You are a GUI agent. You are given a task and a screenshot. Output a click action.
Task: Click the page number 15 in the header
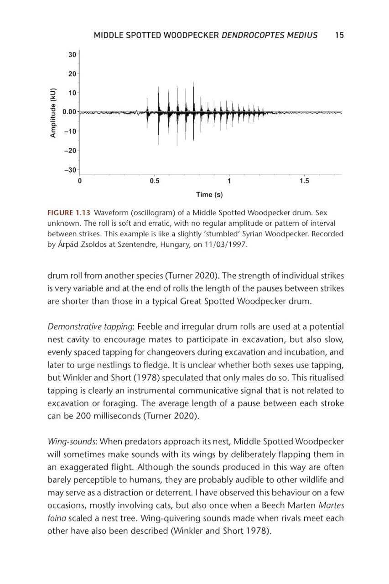click(x=339, y=35)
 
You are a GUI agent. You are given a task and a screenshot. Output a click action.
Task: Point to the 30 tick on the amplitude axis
click(x=72, y=55)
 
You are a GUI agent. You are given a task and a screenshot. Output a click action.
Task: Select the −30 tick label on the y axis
click(x=70, y=170)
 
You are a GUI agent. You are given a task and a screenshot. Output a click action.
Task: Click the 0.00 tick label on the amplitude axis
click(x=69, y=112)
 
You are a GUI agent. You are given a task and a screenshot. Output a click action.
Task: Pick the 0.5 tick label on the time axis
click(x=155, y=181)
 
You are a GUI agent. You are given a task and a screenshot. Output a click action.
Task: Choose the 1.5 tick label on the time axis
click(x=304, y=181)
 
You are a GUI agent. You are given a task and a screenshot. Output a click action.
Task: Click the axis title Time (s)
click(x=209, y=195)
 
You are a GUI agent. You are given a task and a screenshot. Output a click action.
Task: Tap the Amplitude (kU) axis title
click(x=53, y=112)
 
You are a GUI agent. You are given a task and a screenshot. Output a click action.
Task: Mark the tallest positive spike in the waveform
click(x=193, y=83)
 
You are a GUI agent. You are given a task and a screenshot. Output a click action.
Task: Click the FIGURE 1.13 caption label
click(x=68, y=213)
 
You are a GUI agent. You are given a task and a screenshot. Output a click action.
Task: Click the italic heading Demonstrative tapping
click(x=90, y=327)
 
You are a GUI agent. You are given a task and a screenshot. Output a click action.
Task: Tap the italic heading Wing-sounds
click(x=72, y=441)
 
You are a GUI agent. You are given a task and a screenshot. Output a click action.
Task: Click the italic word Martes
click(x=331, y=505)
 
